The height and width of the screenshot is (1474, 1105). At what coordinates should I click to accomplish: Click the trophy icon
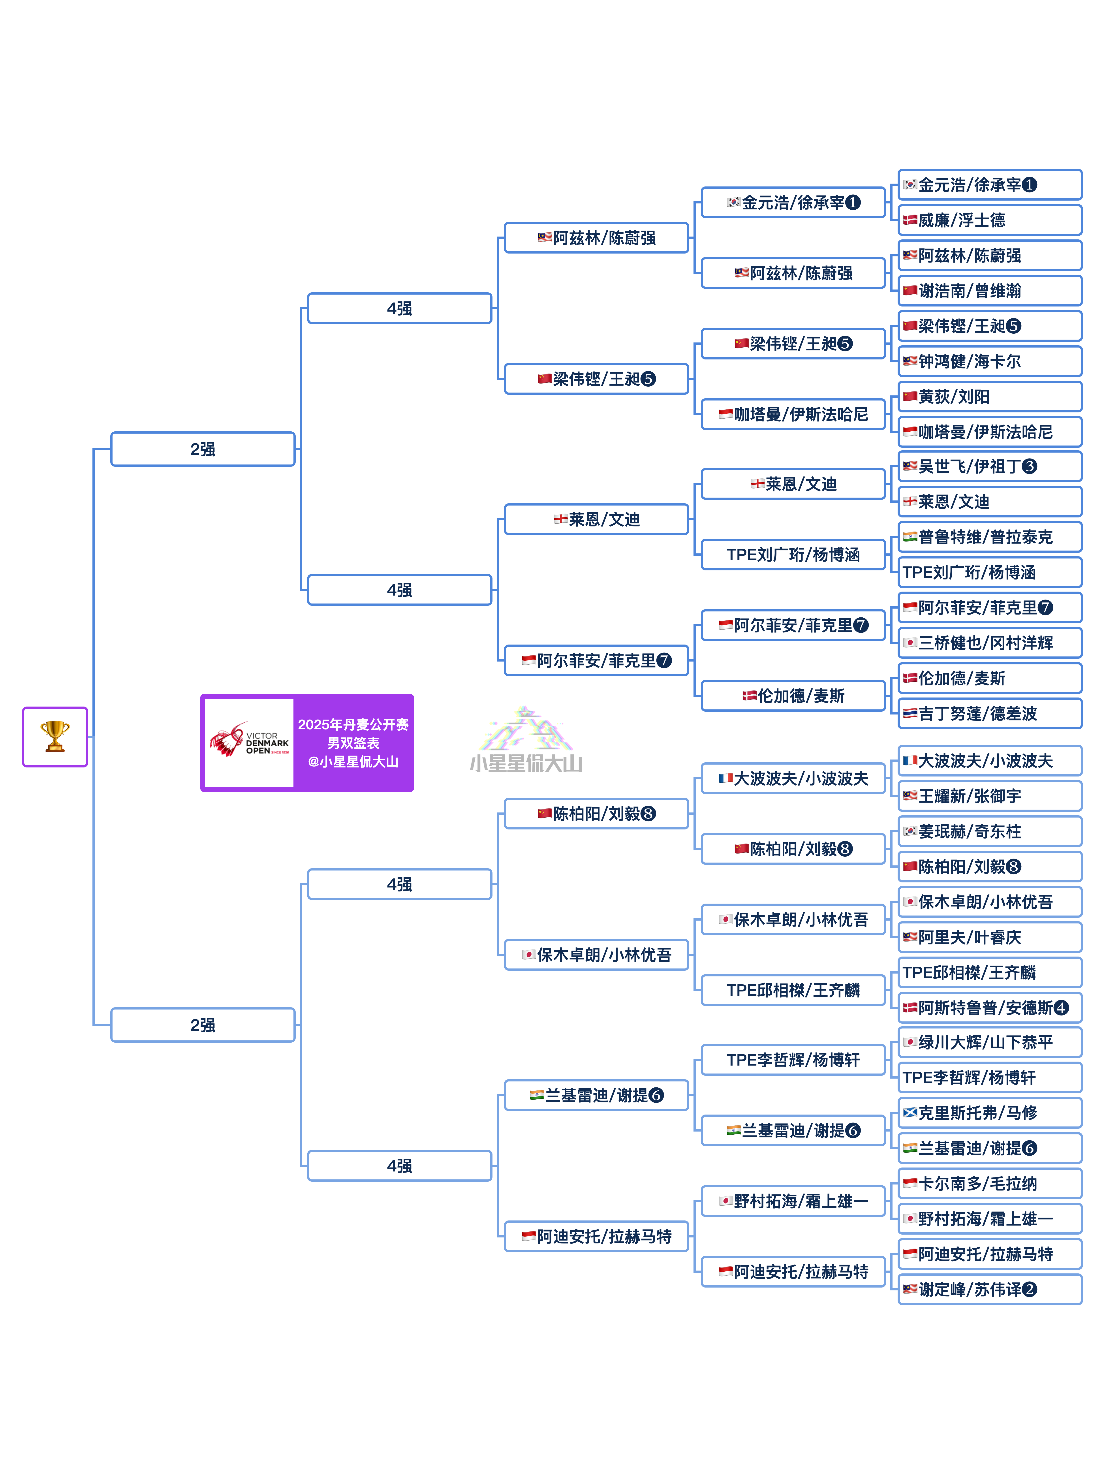tap(55, 736)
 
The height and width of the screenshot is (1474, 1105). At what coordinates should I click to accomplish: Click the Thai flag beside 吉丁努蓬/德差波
tap(910, 714)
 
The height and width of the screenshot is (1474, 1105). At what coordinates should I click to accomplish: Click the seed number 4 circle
tap(1061, 1008)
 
